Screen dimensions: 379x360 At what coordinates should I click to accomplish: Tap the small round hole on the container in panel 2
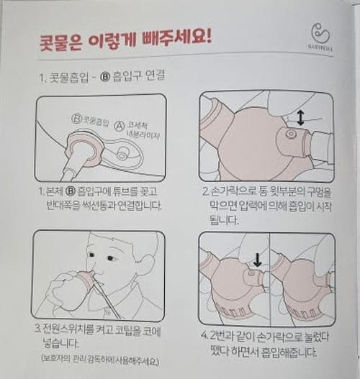[289, 134]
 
